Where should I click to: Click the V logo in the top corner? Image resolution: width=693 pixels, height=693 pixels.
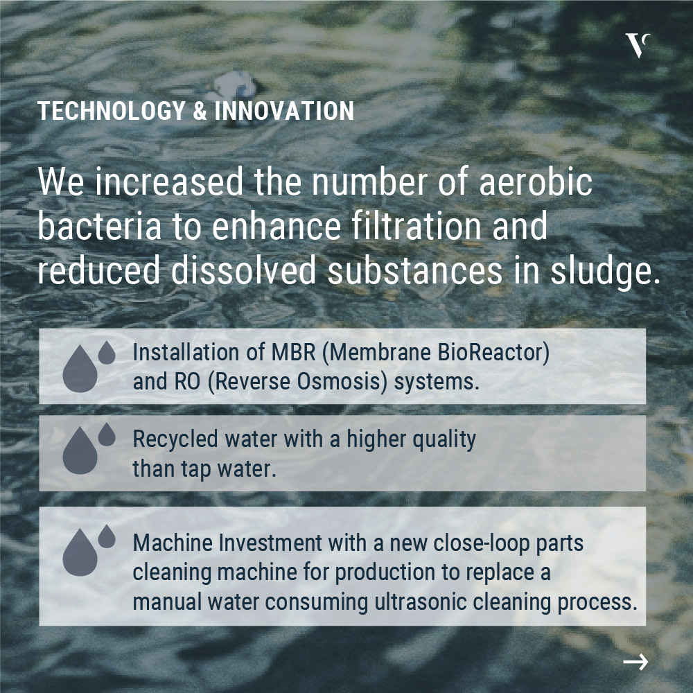[638, 45]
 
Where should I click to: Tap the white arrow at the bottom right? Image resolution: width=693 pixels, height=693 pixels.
[635, 662]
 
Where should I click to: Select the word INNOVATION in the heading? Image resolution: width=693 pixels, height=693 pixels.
[284, 110]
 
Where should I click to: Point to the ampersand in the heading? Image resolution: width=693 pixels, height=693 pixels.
[200, 110]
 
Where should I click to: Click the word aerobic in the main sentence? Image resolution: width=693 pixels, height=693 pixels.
[536, 181]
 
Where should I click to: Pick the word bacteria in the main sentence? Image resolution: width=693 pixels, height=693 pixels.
[99, 226]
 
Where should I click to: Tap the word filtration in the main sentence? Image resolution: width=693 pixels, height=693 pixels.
[416, 226]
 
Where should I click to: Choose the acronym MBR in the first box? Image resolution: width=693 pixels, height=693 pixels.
[293, 352]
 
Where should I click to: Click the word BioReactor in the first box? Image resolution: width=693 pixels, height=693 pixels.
[493, 352]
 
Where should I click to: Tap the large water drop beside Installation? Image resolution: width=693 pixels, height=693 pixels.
[80, 369]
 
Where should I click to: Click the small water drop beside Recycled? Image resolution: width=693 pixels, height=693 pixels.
[107, 434]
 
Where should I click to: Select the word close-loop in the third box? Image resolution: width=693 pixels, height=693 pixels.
[482, 543]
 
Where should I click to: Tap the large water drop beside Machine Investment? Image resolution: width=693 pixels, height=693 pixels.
[80, 552]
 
